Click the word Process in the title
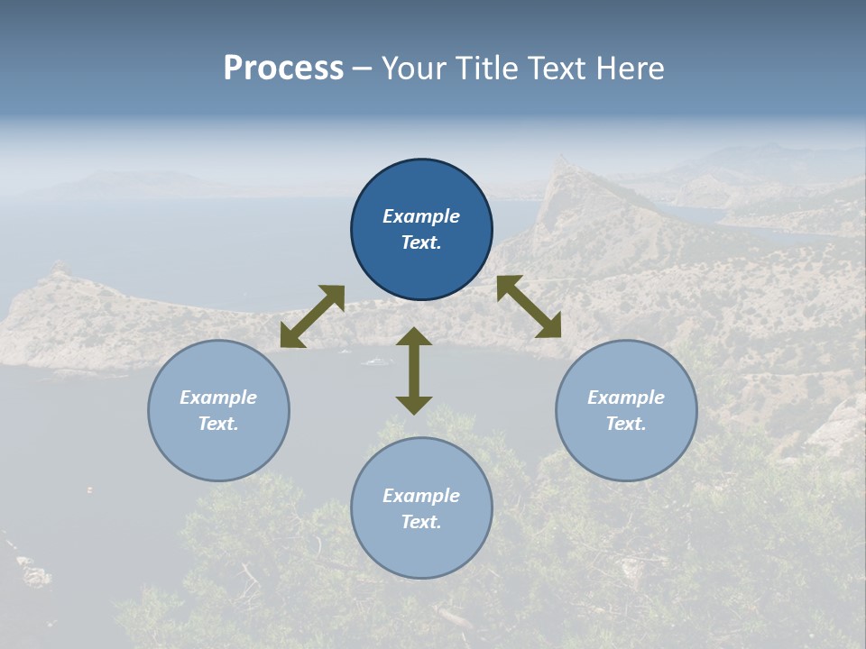[x=283, y=69]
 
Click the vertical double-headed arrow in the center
[x=414, y=370]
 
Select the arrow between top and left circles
[x=312, y=316]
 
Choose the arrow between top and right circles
[x=530, y=306]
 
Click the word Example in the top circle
[x=421, y=216]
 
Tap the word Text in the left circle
[x=218, y=424]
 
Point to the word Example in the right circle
[x=626, y=398]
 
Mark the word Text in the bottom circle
[x=421, y=522]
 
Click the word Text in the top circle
[x=421, y=242]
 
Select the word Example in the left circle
[x=218, y=398]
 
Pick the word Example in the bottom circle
[x=421, y=496]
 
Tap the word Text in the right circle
[x=626, y=424]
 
